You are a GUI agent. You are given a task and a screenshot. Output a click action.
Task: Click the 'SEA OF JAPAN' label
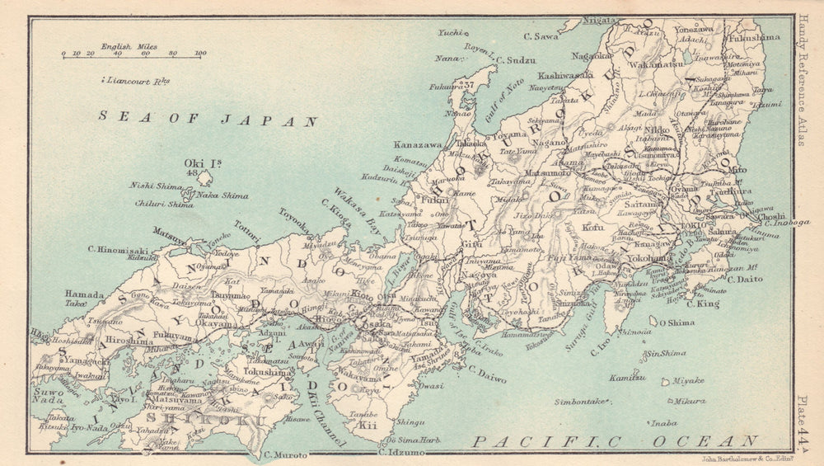208,119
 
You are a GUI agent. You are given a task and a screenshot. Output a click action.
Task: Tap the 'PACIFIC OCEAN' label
615,442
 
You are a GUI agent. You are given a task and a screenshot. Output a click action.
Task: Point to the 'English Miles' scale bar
132,54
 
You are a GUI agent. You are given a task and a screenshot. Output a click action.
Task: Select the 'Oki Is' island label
199,163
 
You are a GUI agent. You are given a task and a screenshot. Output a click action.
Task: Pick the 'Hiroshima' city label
129,340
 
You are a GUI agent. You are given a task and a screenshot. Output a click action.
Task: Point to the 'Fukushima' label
754,37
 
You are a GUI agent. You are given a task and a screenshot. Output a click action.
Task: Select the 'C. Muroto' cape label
285,454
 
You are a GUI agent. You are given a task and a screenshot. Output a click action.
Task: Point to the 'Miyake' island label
688,380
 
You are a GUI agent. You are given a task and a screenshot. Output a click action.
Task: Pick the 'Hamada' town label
85,294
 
